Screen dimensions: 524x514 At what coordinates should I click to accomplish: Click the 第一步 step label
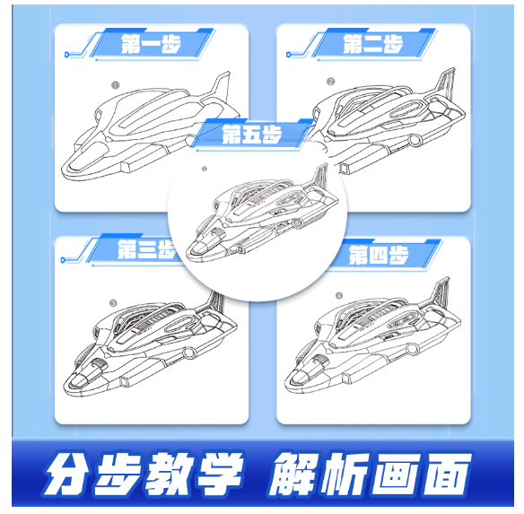coord(151,44)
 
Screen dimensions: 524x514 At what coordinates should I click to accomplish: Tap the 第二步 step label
coord(373,44)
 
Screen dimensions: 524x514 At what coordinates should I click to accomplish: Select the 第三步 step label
coord(146,249)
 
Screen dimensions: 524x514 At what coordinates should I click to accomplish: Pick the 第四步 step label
coord(379,255)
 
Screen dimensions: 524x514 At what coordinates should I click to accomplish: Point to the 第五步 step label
coord(251,134)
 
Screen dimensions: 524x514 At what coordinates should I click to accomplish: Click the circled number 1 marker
coord(115,85)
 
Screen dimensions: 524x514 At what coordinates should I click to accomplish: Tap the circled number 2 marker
coord(330,82)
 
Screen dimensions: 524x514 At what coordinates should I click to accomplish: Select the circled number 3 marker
coord(113,303)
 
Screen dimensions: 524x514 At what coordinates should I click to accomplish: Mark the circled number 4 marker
coord(339,295)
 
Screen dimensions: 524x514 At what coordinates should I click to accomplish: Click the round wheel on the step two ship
coord(415,140)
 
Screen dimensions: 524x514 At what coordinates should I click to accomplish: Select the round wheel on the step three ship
coord(189,353)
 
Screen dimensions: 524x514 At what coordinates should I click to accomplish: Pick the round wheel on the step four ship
coord(412,349)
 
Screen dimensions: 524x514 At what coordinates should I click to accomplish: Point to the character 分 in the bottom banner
coord(67,474)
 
